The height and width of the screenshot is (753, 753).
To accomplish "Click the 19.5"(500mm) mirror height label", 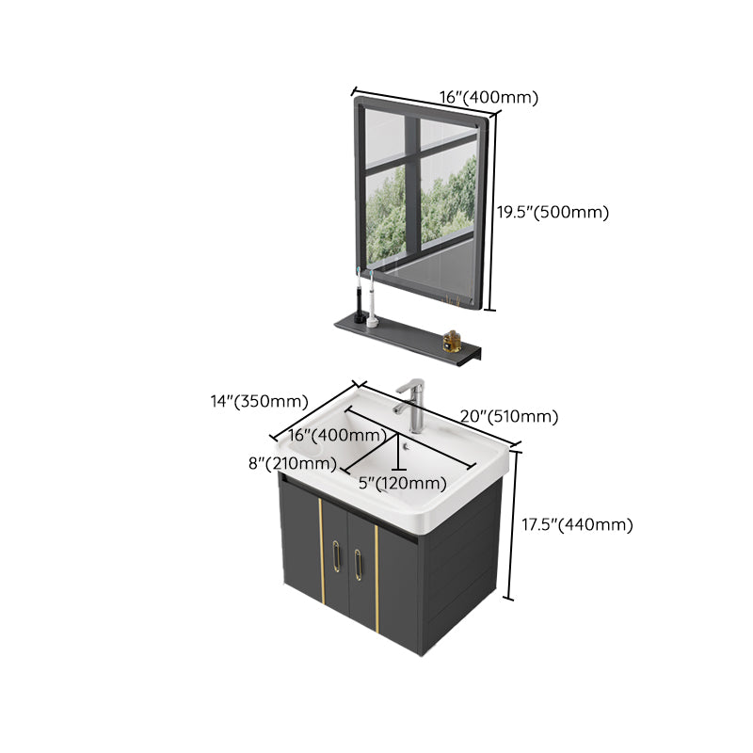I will (553, 213).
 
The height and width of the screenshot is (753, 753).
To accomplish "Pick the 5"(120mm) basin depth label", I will (403, 483).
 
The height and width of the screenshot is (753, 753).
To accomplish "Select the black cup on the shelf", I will (358, 307).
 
